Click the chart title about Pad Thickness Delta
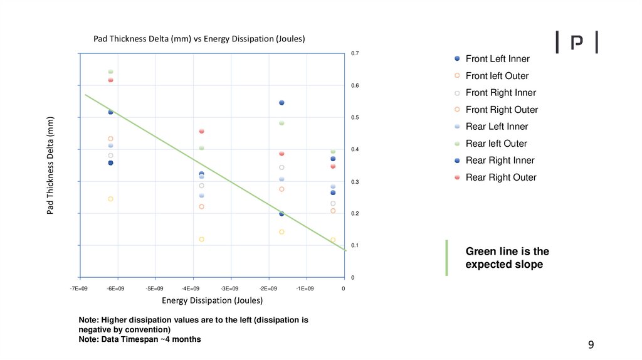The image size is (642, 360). click(x=199, y=39)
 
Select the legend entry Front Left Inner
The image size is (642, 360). click(x=497, y=59)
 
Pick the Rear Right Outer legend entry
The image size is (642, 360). click(x=501, y=177)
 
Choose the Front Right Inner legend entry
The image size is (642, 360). click(x=500, y=93)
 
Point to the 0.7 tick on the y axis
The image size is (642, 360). click(x=355, y=54)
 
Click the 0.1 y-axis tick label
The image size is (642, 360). click(x=355, y=245)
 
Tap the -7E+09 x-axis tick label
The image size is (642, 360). click(x=79, y=289)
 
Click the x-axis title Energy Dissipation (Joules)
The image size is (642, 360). click(x=212, y=300)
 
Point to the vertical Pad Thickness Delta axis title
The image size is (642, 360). click(x=50, y=165)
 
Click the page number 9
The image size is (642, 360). click(x=591, y=344)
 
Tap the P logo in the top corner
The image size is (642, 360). click(x=577, y=42)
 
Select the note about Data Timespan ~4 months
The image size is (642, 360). click(x=140, y=339)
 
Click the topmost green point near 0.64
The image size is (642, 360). click(x=110, y=71)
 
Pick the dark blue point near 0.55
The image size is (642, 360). click(x=282, y=103)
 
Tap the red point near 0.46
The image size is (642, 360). click(x=201, y=131)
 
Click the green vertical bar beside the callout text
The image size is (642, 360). click(x=447, y=258)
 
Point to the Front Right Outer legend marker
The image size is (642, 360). click(x=457, y=110)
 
